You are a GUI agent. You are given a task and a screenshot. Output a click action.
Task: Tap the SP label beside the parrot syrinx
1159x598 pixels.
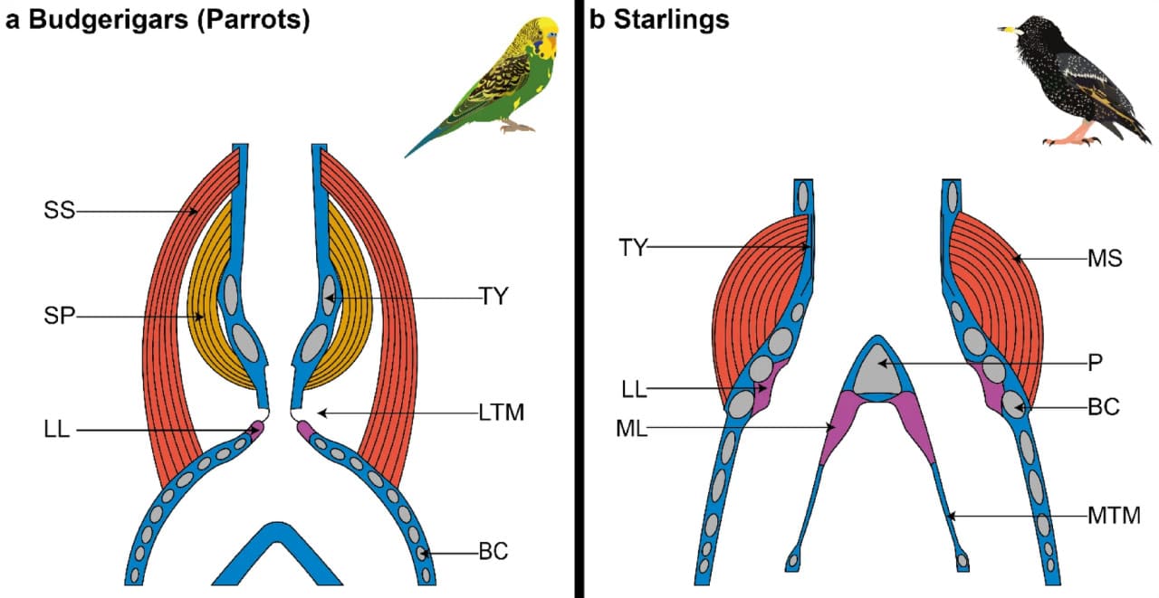59,317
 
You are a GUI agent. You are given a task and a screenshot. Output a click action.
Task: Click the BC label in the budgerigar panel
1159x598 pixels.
493,550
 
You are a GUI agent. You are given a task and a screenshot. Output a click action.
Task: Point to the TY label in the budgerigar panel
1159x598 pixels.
493,297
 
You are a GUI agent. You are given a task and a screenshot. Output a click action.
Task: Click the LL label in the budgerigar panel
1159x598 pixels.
59,430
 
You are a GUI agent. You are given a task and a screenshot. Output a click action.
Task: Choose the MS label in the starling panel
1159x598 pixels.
1105,259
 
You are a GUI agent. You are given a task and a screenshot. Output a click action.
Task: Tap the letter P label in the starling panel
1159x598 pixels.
1095,363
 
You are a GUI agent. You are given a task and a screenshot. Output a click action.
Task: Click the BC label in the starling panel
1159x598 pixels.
1105,407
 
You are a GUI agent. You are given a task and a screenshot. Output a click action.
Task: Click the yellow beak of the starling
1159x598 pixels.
1005,30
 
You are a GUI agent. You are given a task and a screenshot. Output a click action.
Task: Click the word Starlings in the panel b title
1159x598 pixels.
671,20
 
